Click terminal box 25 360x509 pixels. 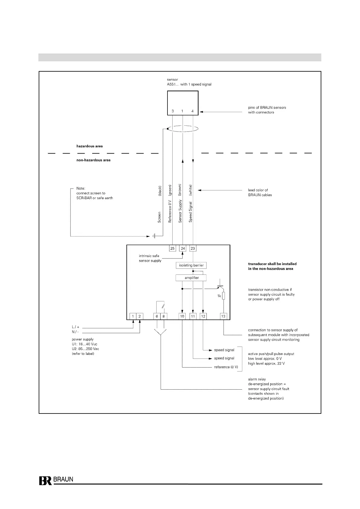pos(172,248)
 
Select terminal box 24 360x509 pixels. pos(183,248)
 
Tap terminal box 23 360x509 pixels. pos(193,248)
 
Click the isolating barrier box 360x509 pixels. pos(191,265)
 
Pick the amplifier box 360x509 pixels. pos(191,278)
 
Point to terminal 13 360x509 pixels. pos(223,316)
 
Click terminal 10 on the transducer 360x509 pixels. pos(182,316)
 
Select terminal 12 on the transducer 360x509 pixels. pos(203,316)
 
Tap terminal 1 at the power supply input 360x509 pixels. pos(133,316)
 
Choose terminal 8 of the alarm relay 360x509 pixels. pos(164,316)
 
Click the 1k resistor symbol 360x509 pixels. pos(223,296)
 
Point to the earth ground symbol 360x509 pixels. pos(154,236)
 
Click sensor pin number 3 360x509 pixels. pos(173,111)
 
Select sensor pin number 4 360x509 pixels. pos(193,111)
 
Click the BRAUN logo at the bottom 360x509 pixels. pos(56,480)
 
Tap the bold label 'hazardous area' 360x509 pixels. pos(89,146)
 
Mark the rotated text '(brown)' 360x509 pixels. pos(180,190)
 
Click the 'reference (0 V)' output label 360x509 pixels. pos(226,367)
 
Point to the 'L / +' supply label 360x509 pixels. pos(76,327)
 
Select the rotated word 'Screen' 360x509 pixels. pos(159,217)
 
